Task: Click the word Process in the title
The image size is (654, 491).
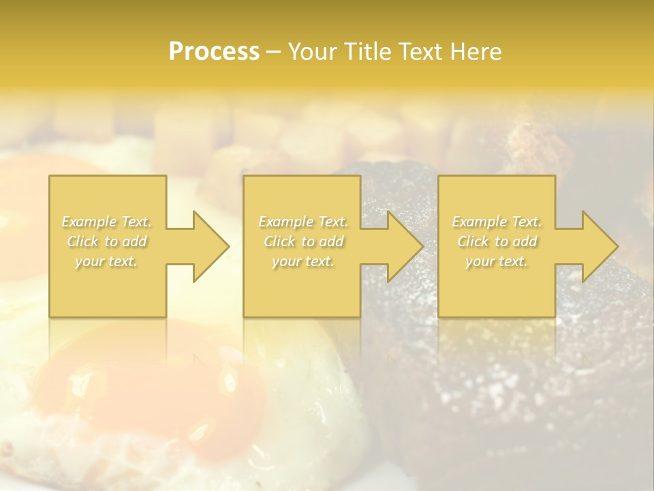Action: (214, 52)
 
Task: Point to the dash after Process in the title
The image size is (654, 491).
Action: (273, 53)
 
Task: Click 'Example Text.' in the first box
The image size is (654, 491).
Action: (107, 222)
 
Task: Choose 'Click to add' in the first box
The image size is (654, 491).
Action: (107, 241)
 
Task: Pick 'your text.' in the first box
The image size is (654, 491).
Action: (107, 261)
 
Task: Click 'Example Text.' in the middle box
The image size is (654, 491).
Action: (303, 222)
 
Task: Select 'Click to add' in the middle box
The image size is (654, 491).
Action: (303, 241)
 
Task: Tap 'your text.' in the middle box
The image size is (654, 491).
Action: (303, 261)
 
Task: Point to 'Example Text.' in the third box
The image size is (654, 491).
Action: (497, 222)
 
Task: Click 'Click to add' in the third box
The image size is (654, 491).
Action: (497, 241)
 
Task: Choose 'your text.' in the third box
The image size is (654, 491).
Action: (497, 261)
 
